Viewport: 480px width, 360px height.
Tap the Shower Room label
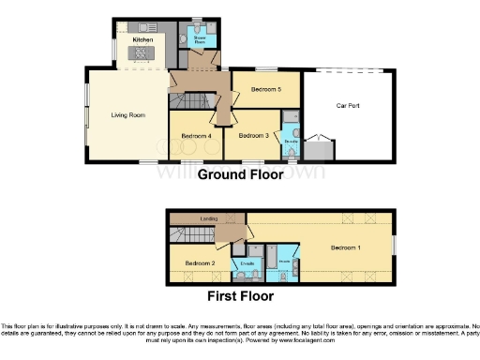pyautogui.click(x=199, y=41)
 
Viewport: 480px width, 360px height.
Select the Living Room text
pyautogui.click(x=128, y=115)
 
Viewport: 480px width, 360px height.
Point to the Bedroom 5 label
pyautogui.click(x=266, y=89)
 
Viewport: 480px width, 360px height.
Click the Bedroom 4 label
pyautogui.click(x=198, y=136)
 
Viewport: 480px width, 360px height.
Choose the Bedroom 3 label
pyautogui.click(x=253, y=136)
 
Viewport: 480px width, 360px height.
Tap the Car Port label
pyautogui.click(x=349, y=105)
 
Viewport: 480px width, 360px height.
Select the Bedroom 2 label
pyautogui.click(x=201, y=263)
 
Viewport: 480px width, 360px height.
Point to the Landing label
pyautogui.click(x=208, y=218)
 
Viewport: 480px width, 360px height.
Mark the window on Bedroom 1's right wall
pyautogui.click(x=392, y=246)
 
